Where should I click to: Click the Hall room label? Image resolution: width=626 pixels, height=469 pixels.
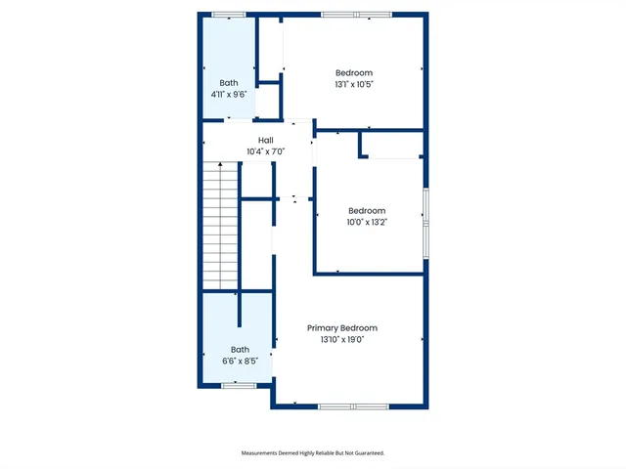(266, 141)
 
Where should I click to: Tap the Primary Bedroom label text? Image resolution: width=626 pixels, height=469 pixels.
(341, 328)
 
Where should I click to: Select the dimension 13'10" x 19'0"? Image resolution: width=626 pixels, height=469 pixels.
(341, 340)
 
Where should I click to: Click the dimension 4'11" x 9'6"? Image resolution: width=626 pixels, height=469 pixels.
(229, 95)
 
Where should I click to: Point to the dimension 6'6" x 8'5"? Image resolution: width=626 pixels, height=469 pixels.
(240, 361)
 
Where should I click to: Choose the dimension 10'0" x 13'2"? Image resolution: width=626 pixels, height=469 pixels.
(367, 222)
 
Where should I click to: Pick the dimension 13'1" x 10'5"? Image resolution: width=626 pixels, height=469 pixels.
(354, 84)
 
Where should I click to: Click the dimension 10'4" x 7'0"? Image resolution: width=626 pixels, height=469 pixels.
(266, 151)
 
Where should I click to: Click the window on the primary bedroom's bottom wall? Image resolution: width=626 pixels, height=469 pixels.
(353, 405)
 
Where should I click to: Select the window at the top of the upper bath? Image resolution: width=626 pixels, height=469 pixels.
(229, 15)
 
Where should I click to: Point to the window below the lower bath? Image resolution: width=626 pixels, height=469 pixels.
(238, 386)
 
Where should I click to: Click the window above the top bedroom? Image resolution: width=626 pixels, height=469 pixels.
(355, 15)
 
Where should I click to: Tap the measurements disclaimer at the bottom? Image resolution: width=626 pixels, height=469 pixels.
(313, 453)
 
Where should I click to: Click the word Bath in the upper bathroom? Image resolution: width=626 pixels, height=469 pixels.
(229, 83)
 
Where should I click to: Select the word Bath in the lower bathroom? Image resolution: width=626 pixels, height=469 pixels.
(240, 350)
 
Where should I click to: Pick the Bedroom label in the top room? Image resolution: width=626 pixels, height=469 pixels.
(354, 72)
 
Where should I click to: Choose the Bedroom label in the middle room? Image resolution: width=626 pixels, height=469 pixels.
(367, 210)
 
